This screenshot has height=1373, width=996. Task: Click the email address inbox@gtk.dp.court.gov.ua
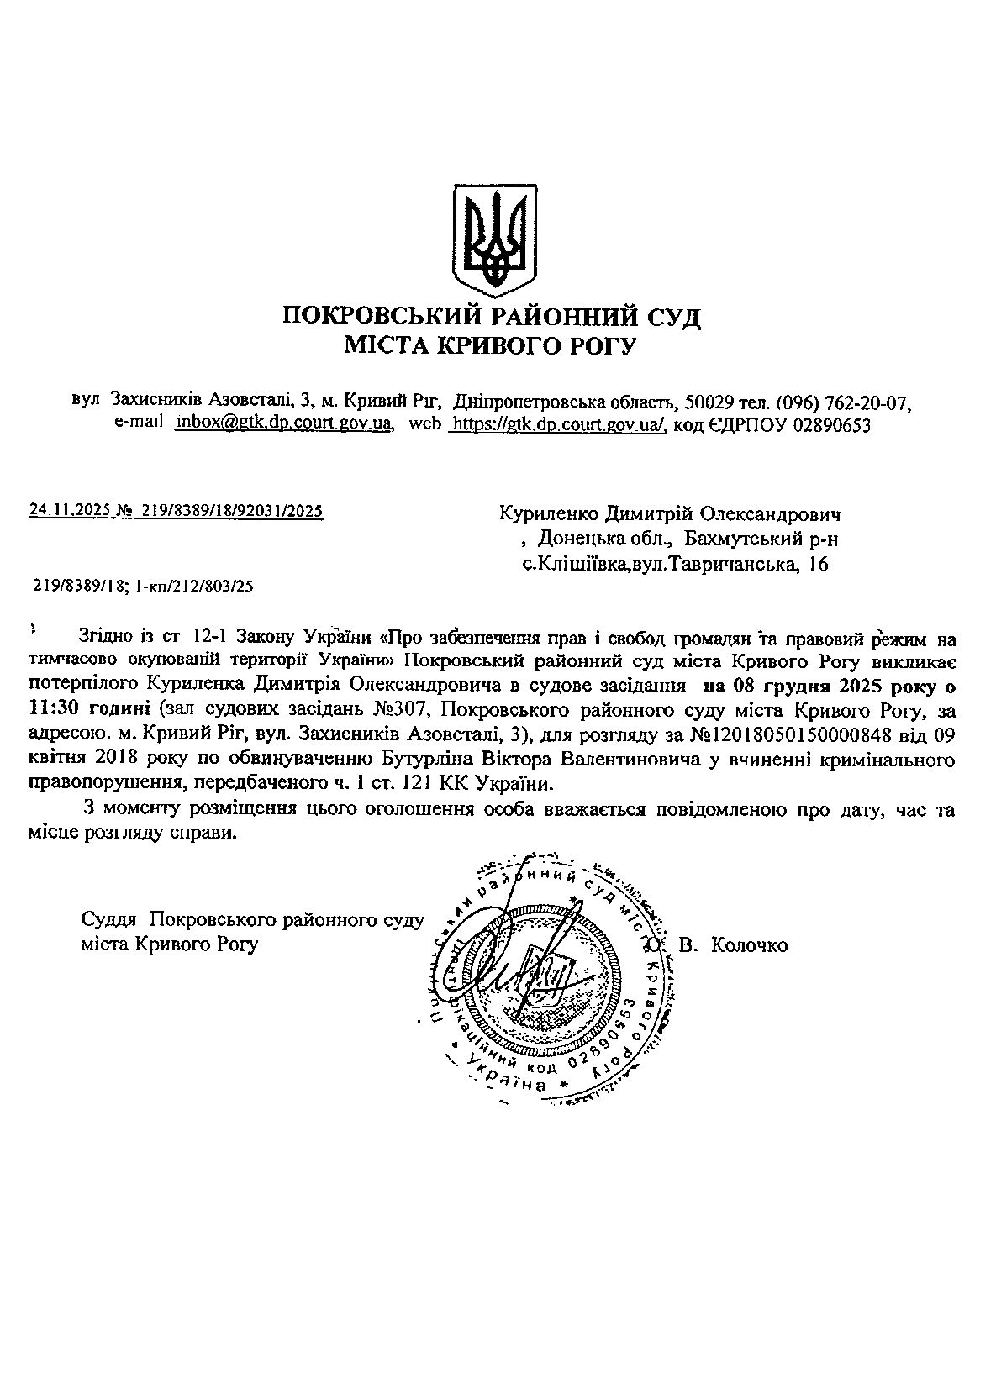(284, 423)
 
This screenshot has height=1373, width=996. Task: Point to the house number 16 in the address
(817, 565)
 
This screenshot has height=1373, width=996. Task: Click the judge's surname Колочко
(749, 945)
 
